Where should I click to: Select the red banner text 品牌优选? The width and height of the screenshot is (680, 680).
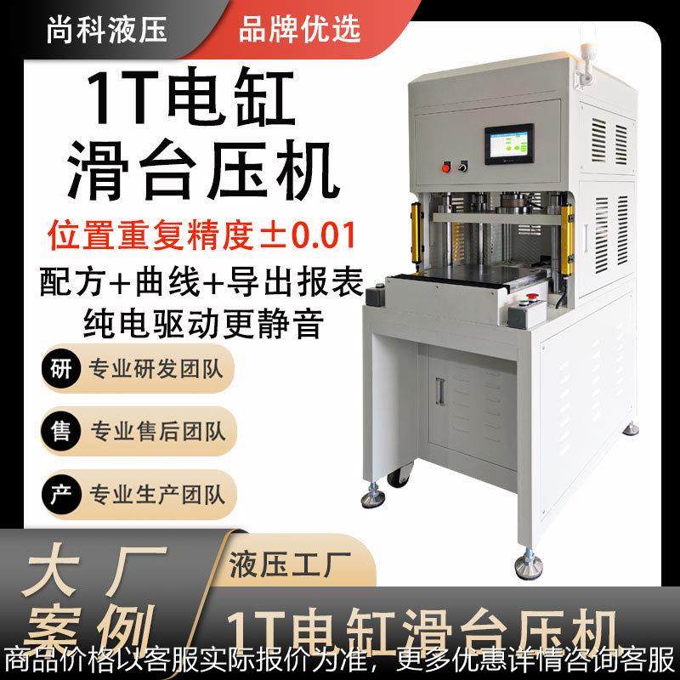click(299, 29)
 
